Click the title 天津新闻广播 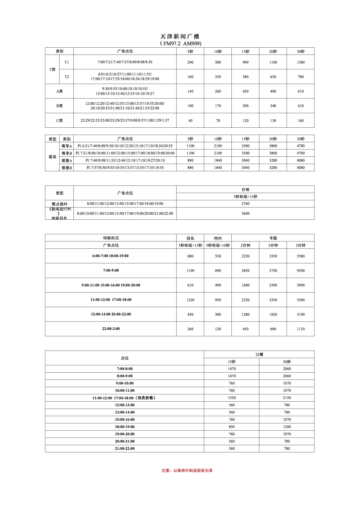coord(180,36)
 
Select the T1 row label coord(66,62)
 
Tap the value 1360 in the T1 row coord(300,62)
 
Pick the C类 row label coord(59,120)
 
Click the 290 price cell coord(190,62)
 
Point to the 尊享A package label coord(66,146)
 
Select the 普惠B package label coord(66,168)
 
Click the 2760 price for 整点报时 coord(245,204)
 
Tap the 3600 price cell coord(245,214)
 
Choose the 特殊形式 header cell coord(111,238)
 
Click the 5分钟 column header coord(300,245)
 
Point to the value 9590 coord(300,271)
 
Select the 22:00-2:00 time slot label coord(111,329)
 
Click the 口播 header coord(259,354)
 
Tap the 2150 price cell coord(287,398)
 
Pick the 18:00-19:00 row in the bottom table coord(125,427)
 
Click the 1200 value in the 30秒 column coord(287,427)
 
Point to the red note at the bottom coord(187,470)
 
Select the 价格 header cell coord(245,189)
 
